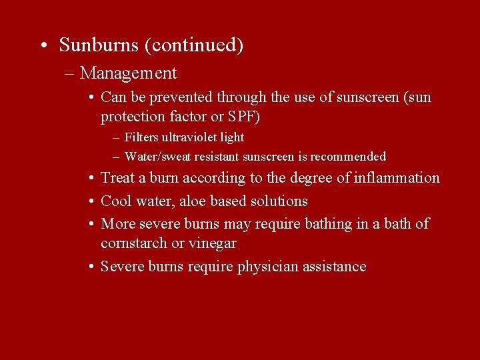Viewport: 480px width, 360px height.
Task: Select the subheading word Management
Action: [x=128, y=73]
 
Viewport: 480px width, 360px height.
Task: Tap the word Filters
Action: [x=141, y=137]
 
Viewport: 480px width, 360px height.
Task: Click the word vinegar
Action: [x=213, y=244]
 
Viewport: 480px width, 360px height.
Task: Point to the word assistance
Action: [x=334, y=267]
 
